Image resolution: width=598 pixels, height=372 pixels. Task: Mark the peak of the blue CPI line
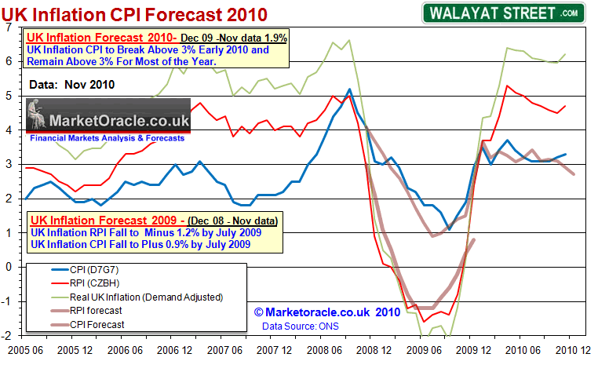(x=348, y=89)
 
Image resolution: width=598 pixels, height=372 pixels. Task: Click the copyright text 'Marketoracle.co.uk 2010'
(x=322, y=312)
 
